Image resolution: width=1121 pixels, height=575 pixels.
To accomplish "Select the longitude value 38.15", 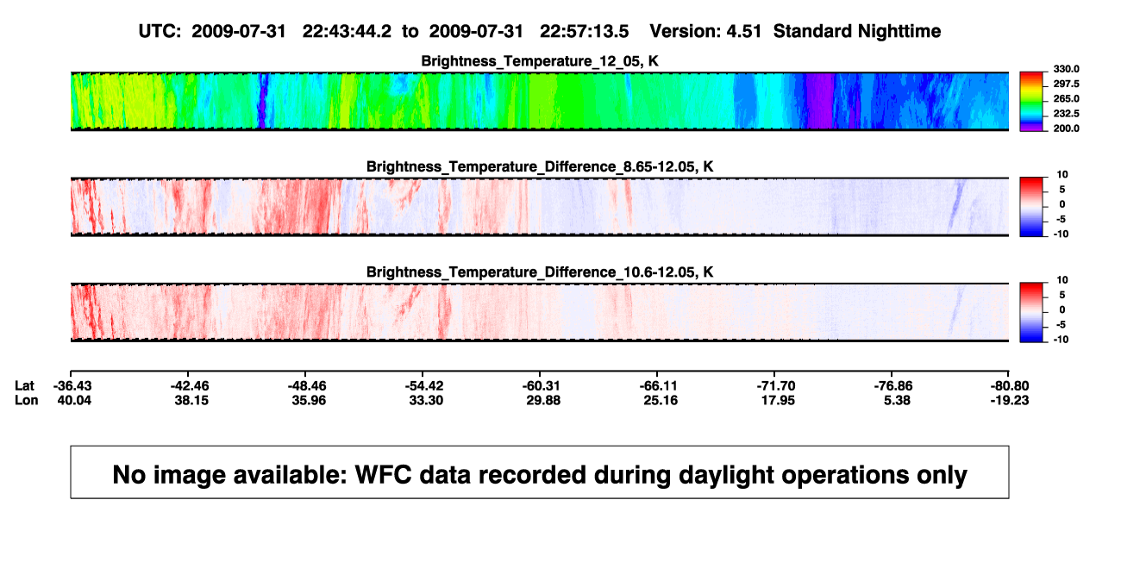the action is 191,400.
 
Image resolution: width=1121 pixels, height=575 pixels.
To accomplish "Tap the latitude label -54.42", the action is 424,386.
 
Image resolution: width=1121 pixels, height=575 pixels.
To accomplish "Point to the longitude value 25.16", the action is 661,400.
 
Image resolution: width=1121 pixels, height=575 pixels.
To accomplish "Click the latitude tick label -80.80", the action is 1010,386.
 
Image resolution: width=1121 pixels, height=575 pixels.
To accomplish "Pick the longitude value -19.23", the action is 1010,400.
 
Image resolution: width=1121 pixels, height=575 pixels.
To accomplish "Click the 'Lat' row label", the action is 24,386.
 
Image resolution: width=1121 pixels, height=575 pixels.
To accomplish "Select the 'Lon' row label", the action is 26,400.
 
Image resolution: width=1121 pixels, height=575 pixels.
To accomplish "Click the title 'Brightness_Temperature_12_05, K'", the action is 540,61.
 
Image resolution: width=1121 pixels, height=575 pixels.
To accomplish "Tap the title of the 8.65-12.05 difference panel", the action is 540,166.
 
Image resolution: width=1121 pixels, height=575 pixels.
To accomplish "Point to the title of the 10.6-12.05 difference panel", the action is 540,272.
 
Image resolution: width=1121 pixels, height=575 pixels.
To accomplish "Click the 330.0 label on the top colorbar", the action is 1066,69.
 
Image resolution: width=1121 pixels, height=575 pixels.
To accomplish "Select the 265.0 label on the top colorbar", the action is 1066,98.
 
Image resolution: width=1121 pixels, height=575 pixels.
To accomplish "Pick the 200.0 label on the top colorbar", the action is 1066,128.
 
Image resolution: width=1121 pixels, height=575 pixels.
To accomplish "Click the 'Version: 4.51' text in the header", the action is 705,32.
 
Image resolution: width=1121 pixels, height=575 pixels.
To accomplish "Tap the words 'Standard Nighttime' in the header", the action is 857,32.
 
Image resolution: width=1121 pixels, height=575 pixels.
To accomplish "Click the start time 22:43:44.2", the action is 347,32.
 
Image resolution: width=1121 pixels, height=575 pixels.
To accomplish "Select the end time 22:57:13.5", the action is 584,32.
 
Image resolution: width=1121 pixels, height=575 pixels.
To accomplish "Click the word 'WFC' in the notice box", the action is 383,474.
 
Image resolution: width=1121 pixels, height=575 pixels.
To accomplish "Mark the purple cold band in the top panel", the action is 820,101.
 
